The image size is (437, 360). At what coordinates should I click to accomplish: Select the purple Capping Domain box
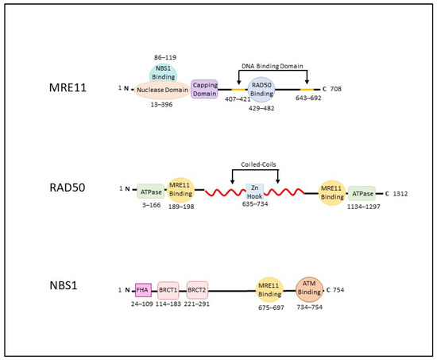pyautogui.click(x=205, y=89)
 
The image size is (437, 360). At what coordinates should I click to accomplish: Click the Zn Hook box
pyautogui.click(x=256, y=191)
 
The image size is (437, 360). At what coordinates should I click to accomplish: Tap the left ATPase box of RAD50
pyautogui.click(x=151, y=191)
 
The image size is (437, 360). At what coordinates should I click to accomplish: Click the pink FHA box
pyautogui.click(x=143, y=289)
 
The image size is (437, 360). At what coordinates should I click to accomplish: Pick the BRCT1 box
pyautogui.click(x=168, y=289)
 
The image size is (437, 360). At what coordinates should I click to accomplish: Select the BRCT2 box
pyautogui.click(x=197, y=289)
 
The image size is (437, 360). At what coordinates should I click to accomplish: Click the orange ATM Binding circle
pyautogui.click(x=309, y=288)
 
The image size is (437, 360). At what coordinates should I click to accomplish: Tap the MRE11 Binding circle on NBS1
pyautogui.click(x=269, y=289)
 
